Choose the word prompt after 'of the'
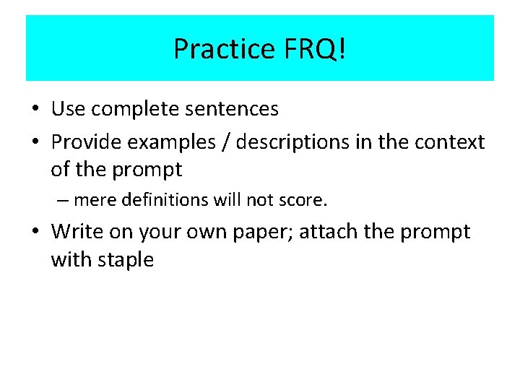pos(148,170)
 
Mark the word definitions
pos(160,199)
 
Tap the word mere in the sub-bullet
pos(95,200)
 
